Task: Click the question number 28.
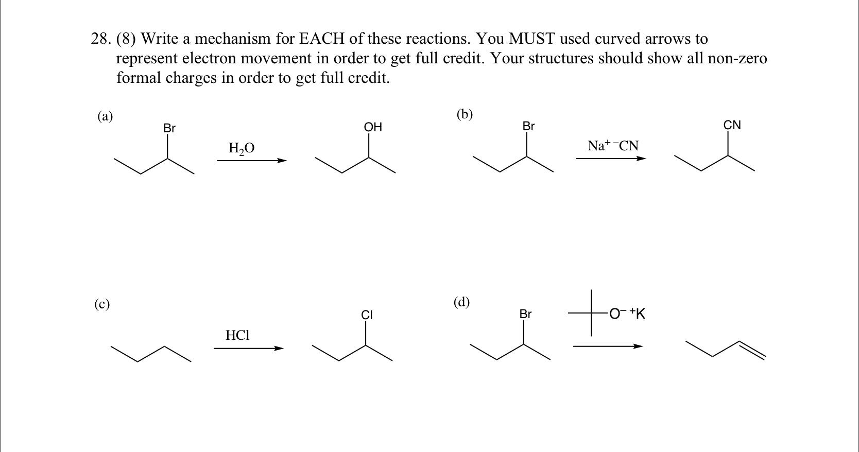coord(100,39)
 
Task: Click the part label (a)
coord(105,116)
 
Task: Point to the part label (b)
coord(465,114)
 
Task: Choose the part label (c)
coord(102,304)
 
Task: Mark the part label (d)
coord(461,302)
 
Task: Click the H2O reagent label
coord(241,148)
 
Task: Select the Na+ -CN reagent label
coord(613,146)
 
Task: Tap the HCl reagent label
coord(237,336)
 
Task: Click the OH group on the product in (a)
coord(373,127)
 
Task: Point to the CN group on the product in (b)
coord(732,125)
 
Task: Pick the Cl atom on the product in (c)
coord(367,315)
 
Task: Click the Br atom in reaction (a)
coord(169,128)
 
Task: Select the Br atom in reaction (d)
coord(525,314)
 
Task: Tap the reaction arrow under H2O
coord(251,161)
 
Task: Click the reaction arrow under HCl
coord(249,349)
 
